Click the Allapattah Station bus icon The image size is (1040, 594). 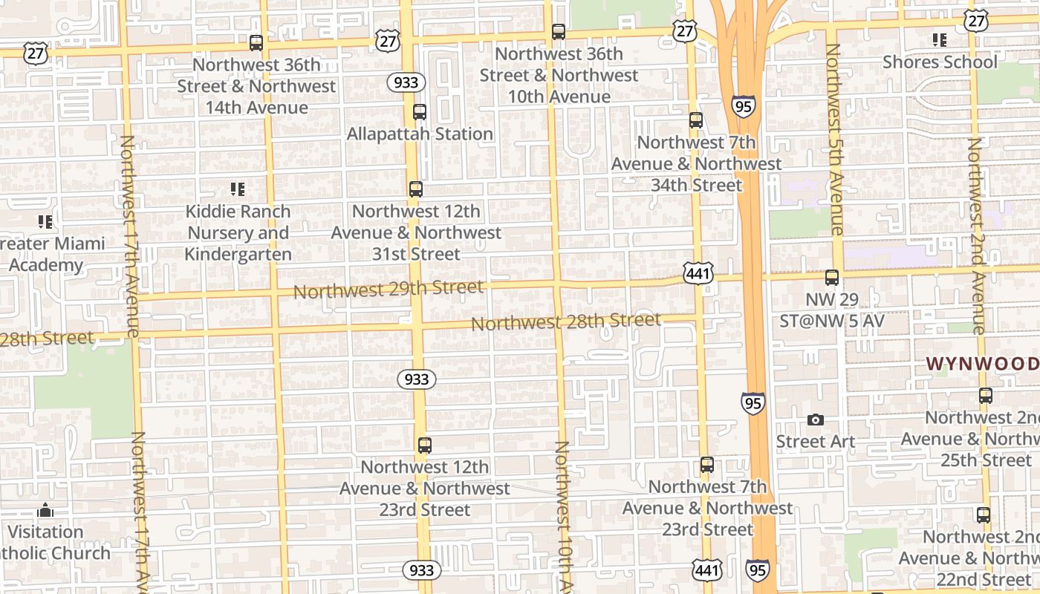coord(420,112)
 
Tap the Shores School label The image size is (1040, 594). coord(940,62)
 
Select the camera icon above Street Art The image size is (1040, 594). coord(815,420)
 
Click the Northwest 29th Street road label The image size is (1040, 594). coord(389,289)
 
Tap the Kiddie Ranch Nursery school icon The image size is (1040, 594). coord(238,189)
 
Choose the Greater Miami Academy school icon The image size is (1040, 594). coord(45,221)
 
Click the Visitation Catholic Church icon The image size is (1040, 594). coord(45,511)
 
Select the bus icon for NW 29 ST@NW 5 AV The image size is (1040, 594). coord(832,278)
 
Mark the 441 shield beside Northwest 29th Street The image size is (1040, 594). coord(699,273)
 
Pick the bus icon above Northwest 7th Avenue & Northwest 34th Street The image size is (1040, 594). coord(696,120)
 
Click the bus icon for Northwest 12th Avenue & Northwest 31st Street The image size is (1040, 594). coord(416,189)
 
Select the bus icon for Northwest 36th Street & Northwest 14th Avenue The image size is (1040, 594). coord(256,43)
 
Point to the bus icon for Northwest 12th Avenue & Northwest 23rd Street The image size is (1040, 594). coord(424,446)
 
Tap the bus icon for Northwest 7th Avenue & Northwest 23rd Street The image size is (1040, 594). coord(707,465)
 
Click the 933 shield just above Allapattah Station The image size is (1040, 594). coord(406,82)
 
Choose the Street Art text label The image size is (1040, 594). coord(815,442)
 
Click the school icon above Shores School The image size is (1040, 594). coord(940,40)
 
